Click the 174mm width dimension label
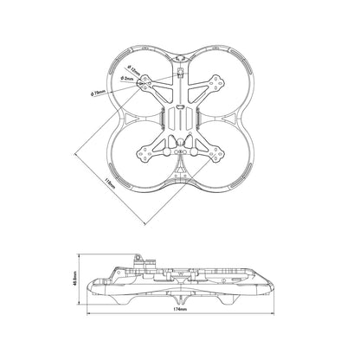(x=180, y=333)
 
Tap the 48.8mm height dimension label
(x=76, y=283)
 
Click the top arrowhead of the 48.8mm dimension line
(x=81, y=257)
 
